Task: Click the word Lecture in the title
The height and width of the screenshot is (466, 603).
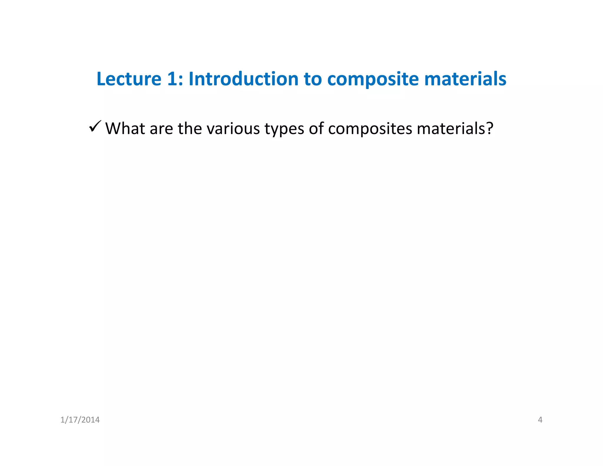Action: click(x=129, y=79)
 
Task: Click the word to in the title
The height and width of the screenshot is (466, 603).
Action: click(x=313, y=79)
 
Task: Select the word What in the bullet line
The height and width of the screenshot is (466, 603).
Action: click(x=125, y=129)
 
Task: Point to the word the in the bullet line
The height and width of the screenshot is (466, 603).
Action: click(x=190, y=129)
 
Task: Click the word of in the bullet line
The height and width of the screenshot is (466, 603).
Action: click(x=316, y=129)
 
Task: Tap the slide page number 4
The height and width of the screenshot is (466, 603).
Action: click(x=540, y=420)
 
